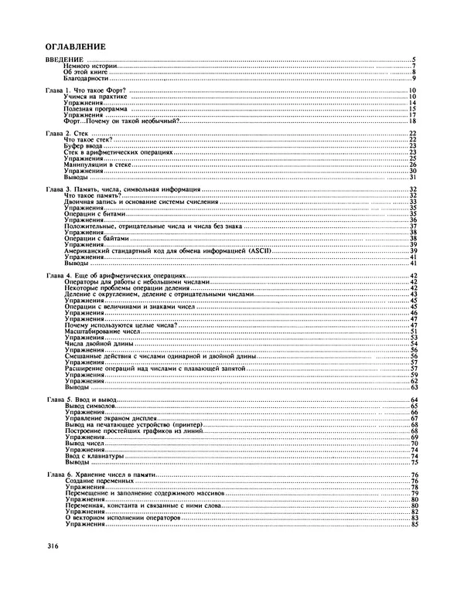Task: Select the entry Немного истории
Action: click(x=90, y=66)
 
